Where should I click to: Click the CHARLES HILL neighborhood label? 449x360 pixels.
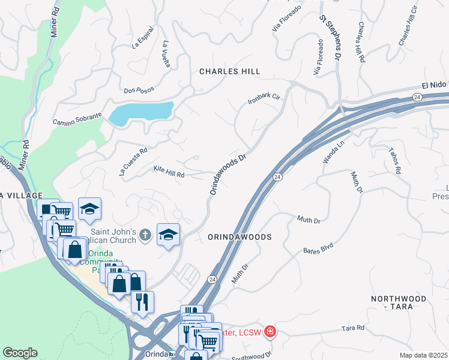(x=230, y=71)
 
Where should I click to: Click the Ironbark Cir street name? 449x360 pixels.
(x=264, y=99)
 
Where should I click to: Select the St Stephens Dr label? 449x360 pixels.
(x=330, y=37)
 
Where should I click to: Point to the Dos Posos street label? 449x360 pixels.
(x=139, y=90)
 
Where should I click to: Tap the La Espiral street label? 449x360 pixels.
(x=143, y=38)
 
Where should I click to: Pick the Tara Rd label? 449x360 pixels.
(x=353, y=328)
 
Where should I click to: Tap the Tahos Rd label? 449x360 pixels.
(x=394, y=161)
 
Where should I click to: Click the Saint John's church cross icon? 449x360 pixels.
(x=145, y=235)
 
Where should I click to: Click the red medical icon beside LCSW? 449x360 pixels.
(x=270, y=331)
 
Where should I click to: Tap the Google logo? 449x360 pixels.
(x=20, y=353)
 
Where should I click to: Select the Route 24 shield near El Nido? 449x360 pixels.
(x=417, y=97)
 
